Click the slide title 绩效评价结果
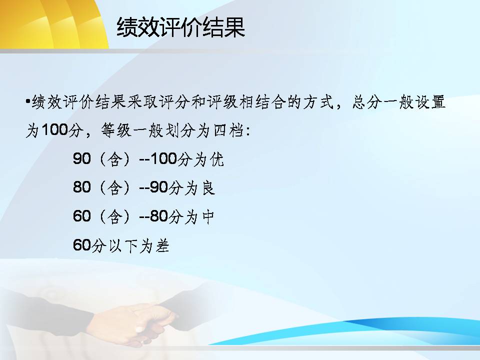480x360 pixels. pyautogui.click(x=180, y=27)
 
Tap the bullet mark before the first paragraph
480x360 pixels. pyautogui.click(x=28, y=100)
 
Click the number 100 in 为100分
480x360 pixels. pyautogui.click(x=54, y=129)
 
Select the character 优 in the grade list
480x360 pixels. pyautogui.click(x=216, y=159)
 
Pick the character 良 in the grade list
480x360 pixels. pyautogui.click(x=208, y=187)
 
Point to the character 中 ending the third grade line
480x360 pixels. pyautogui.click(x=208, y=216)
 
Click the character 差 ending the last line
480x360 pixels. pyautogui.click(x=162, y=245)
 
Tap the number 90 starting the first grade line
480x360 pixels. pyautogui.click(x=81, y=158)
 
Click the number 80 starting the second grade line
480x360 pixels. pyautogui.click(x=81, y=187)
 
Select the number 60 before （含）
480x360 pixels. pyautogui.click(x=81, y=216)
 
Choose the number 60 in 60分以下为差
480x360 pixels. pyautogui.click(x=81, y=245)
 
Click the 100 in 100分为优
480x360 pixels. pyautogui.click(x=164, y=158)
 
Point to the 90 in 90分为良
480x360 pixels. pyautogui.click(x=159, y=187)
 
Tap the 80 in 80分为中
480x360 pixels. pyautogui.click(x=159, y=216)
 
